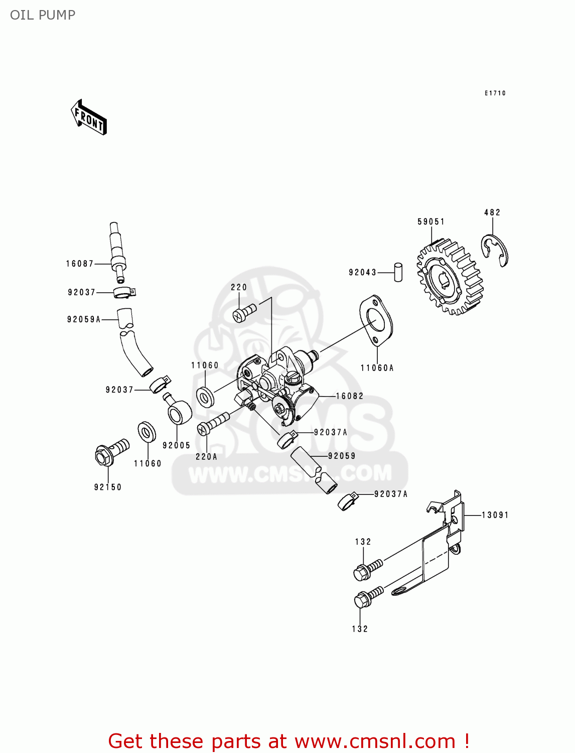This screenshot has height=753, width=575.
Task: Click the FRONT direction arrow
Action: [89, 117]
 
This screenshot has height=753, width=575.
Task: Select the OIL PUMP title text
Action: [43, 15]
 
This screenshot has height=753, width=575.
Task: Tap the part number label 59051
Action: [431, 221]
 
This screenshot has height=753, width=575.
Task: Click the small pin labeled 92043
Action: [398, 272]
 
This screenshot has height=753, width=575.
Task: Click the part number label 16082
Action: [350, 396]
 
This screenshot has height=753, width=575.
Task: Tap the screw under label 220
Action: [244, 313]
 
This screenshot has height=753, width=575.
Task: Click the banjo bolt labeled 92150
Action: [110, 451]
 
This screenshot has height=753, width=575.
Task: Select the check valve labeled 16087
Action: [117, 252]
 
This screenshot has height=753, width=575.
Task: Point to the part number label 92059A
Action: [84, 319]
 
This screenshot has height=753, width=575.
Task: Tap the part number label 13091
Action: [495, 515]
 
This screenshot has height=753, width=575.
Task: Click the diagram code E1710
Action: [495, 93]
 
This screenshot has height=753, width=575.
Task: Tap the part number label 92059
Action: [342, 456]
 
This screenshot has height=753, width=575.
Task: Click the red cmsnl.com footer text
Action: [289, 741]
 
